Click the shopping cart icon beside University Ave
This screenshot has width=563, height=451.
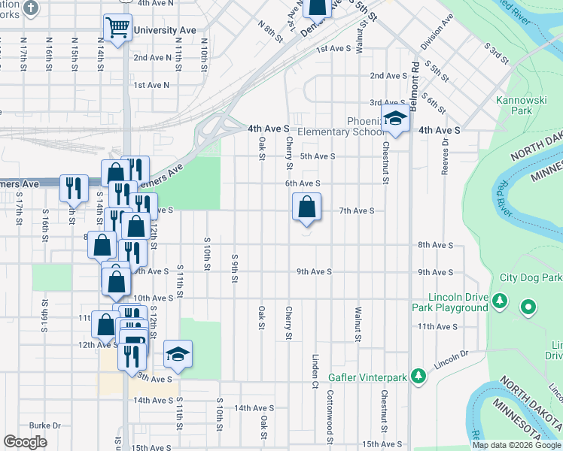pyautogui.click(x=117, y=29)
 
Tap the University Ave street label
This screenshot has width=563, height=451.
pyautogui.click(x=163, y=31)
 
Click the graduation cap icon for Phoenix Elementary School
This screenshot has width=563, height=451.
pyautogui.click(x=395, y=117)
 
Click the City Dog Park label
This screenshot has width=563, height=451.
pyautogui.click(x=531, y=277)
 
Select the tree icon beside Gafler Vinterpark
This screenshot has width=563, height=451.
pyautogui.click(x=424, y=375)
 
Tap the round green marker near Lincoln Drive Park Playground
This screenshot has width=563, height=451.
pyautogui.click(x=528, y=307)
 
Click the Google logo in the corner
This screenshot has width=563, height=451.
pyautogui.click(x=25, y=442)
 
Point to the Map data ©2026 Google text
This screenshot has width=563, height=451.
pyautogui.click(x=517, y=445)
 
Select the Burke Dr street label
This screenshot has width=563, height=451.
pyautogui.click(x=45, y=425)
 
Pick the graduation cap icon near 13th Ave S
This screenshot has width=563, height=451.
pyautogui.click(x=178, y=354)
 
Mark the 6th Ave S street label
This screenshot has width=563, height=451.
pyautogui.click(x=303, y=183)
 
